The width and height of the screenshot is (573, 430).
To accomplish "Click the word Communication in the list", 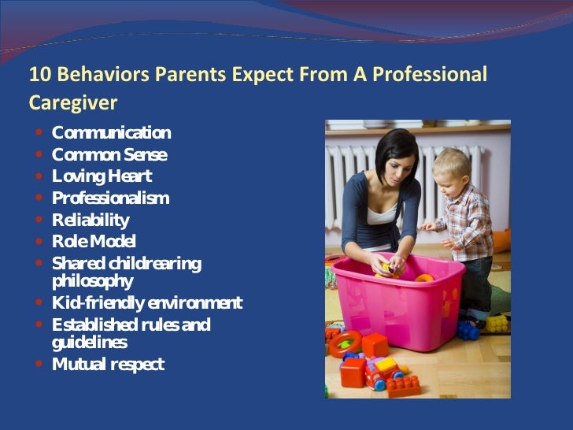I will pos(111,132).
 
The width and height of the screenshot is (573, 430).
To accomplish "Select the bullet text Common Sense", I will pos(109,154).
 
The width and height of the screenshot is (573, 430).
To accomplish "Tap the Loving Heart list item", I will pos(102,176).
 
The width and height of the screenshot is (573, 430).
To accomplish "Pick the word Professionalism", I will pos(110,198).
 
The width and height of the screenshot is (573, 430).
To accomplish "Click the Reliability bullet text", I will pos(91,220).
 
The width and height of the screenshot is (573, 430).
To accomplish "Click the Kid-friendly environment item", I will pos(147,303).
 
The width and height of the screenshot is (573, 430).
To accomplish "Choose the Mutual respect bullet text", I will pos(108,365).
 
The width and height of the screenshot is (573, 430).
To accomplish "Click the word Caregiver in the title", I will pos(73,102).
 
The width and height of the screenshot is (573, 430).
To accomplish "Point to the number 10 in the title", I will pos(38,75).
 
